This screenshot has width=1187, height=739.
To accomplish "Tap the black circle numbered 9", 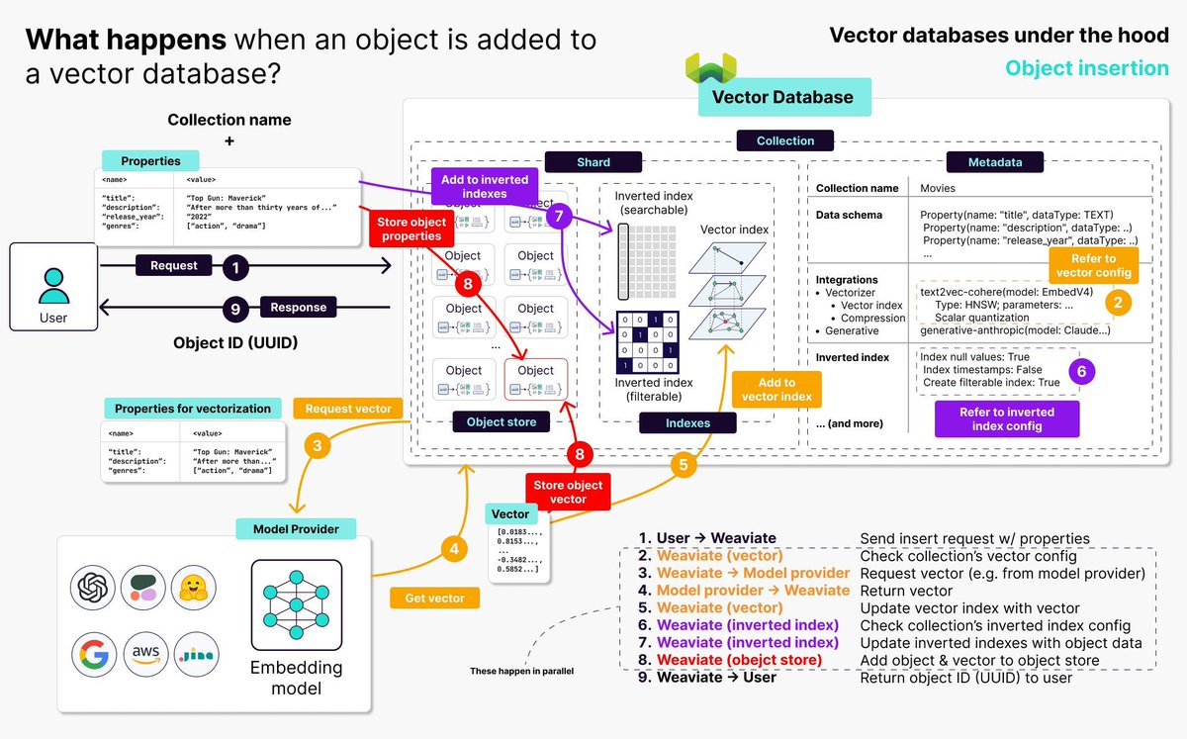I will click(234, 309).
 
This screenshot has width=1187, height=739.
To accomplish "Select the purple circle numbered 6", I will click(1080, 371).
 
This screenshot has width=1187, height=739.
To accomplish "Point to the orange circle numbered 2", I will click(1119, 302).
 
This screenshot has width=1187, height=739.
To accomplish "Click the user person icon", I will click(53, 287).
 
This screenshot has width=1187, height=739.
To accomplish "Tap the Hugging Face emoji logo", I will click(193, 589).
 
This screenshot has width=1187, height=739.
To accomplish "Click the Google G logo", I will click(93, 654).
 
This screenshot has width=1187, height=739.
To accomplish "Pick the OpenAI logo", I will click(93, 589).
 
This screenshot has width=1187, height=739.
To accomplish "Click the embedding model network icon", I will click(297, 604).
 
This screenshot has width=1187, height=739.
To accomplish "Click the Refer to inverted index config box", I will click(1007, 418).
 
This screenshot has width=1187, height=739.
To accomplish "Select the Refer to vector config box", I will click(1093, 266).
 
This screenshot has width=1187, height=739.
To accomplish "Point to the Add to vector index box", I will click(776, 390).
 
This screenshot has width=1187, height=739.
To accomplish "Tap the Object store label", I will click(502, 422).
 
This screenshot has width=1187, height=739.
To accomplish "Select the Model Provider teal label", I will click(296, 529).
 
